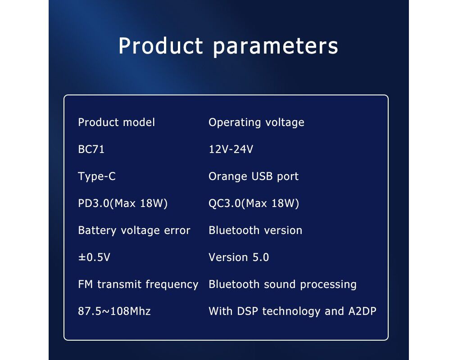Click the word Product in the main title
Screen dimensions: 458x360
click(161, 45)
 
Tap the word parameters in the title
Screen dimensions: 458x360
click(276, 47)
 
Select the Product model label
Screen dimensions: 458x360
click(116, 122)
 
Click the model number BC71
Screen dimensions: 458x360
click(91, 149)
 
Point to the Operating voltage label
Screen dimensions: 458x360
click(256, 122)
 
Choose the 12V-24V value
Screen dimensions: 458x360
click(231, 149)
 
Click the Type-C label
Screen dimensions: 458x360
click(97, 176)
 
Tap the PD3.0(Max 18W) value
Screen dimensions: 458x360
click(122, 203)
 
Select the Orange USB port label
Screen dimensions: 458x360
click(254, 176)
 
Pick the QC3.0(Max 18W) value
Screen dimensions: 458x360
click(254, 203)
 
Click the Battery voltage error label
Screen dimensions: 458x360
click(134, 230)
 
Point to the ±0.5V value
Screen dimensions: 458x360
click(94, 257)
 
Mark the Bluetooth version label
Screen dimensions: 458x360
click(255, 230)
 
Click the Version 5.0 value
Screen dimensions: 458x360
click(239, 257)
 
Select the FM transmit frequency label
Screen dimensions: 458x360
click(138, 284)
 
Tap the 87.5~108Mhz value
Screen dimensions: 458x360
click(114, 311)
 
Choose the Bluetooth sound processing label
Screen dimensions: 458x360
click(282, 284)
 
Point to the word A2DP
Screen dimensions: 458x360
click(362, 311)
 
